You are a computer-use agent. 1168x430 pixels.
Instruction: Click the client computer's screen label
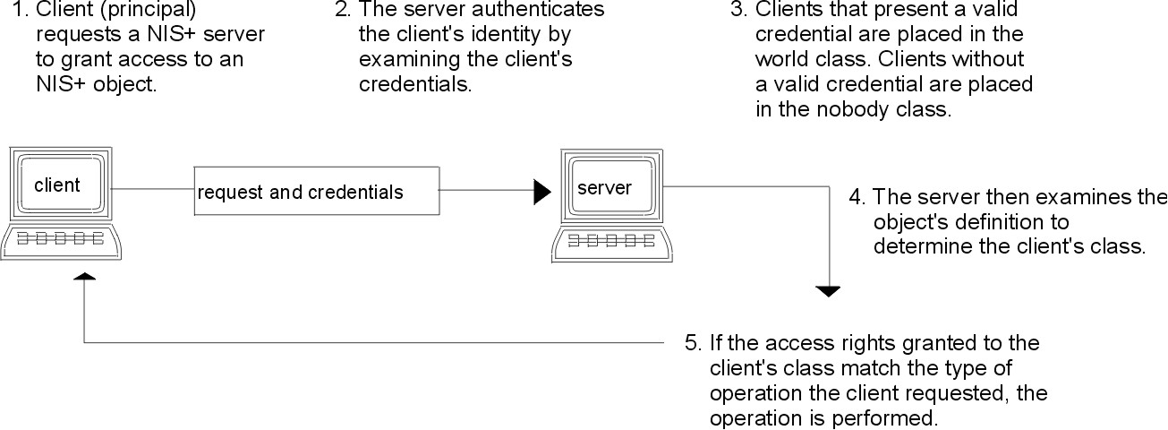(57, 186)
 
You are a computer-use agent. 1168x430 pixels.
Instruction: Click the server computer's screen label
(604, 188)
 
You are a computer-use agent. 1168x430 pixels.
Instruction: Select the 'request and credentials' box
(317, 191)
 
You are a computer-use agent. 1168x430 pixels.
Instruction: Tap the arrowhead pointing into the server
(541, 191)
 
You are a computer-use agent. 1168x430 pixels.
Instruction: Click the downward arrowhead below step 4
(829, 290)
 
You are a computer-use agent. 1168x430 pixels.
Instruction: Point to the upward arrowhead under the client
(84, 278)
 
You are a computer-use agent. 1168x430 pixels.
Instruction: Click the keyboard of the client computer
(62, 240)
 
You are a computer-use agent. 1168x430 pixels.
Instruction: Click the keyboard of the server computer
(611, 240)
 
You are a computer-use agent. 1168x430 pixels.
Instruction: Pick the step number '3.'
(739, 12)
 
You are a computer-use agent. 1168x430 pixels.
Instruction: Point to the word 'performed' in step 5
(894, 418)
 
